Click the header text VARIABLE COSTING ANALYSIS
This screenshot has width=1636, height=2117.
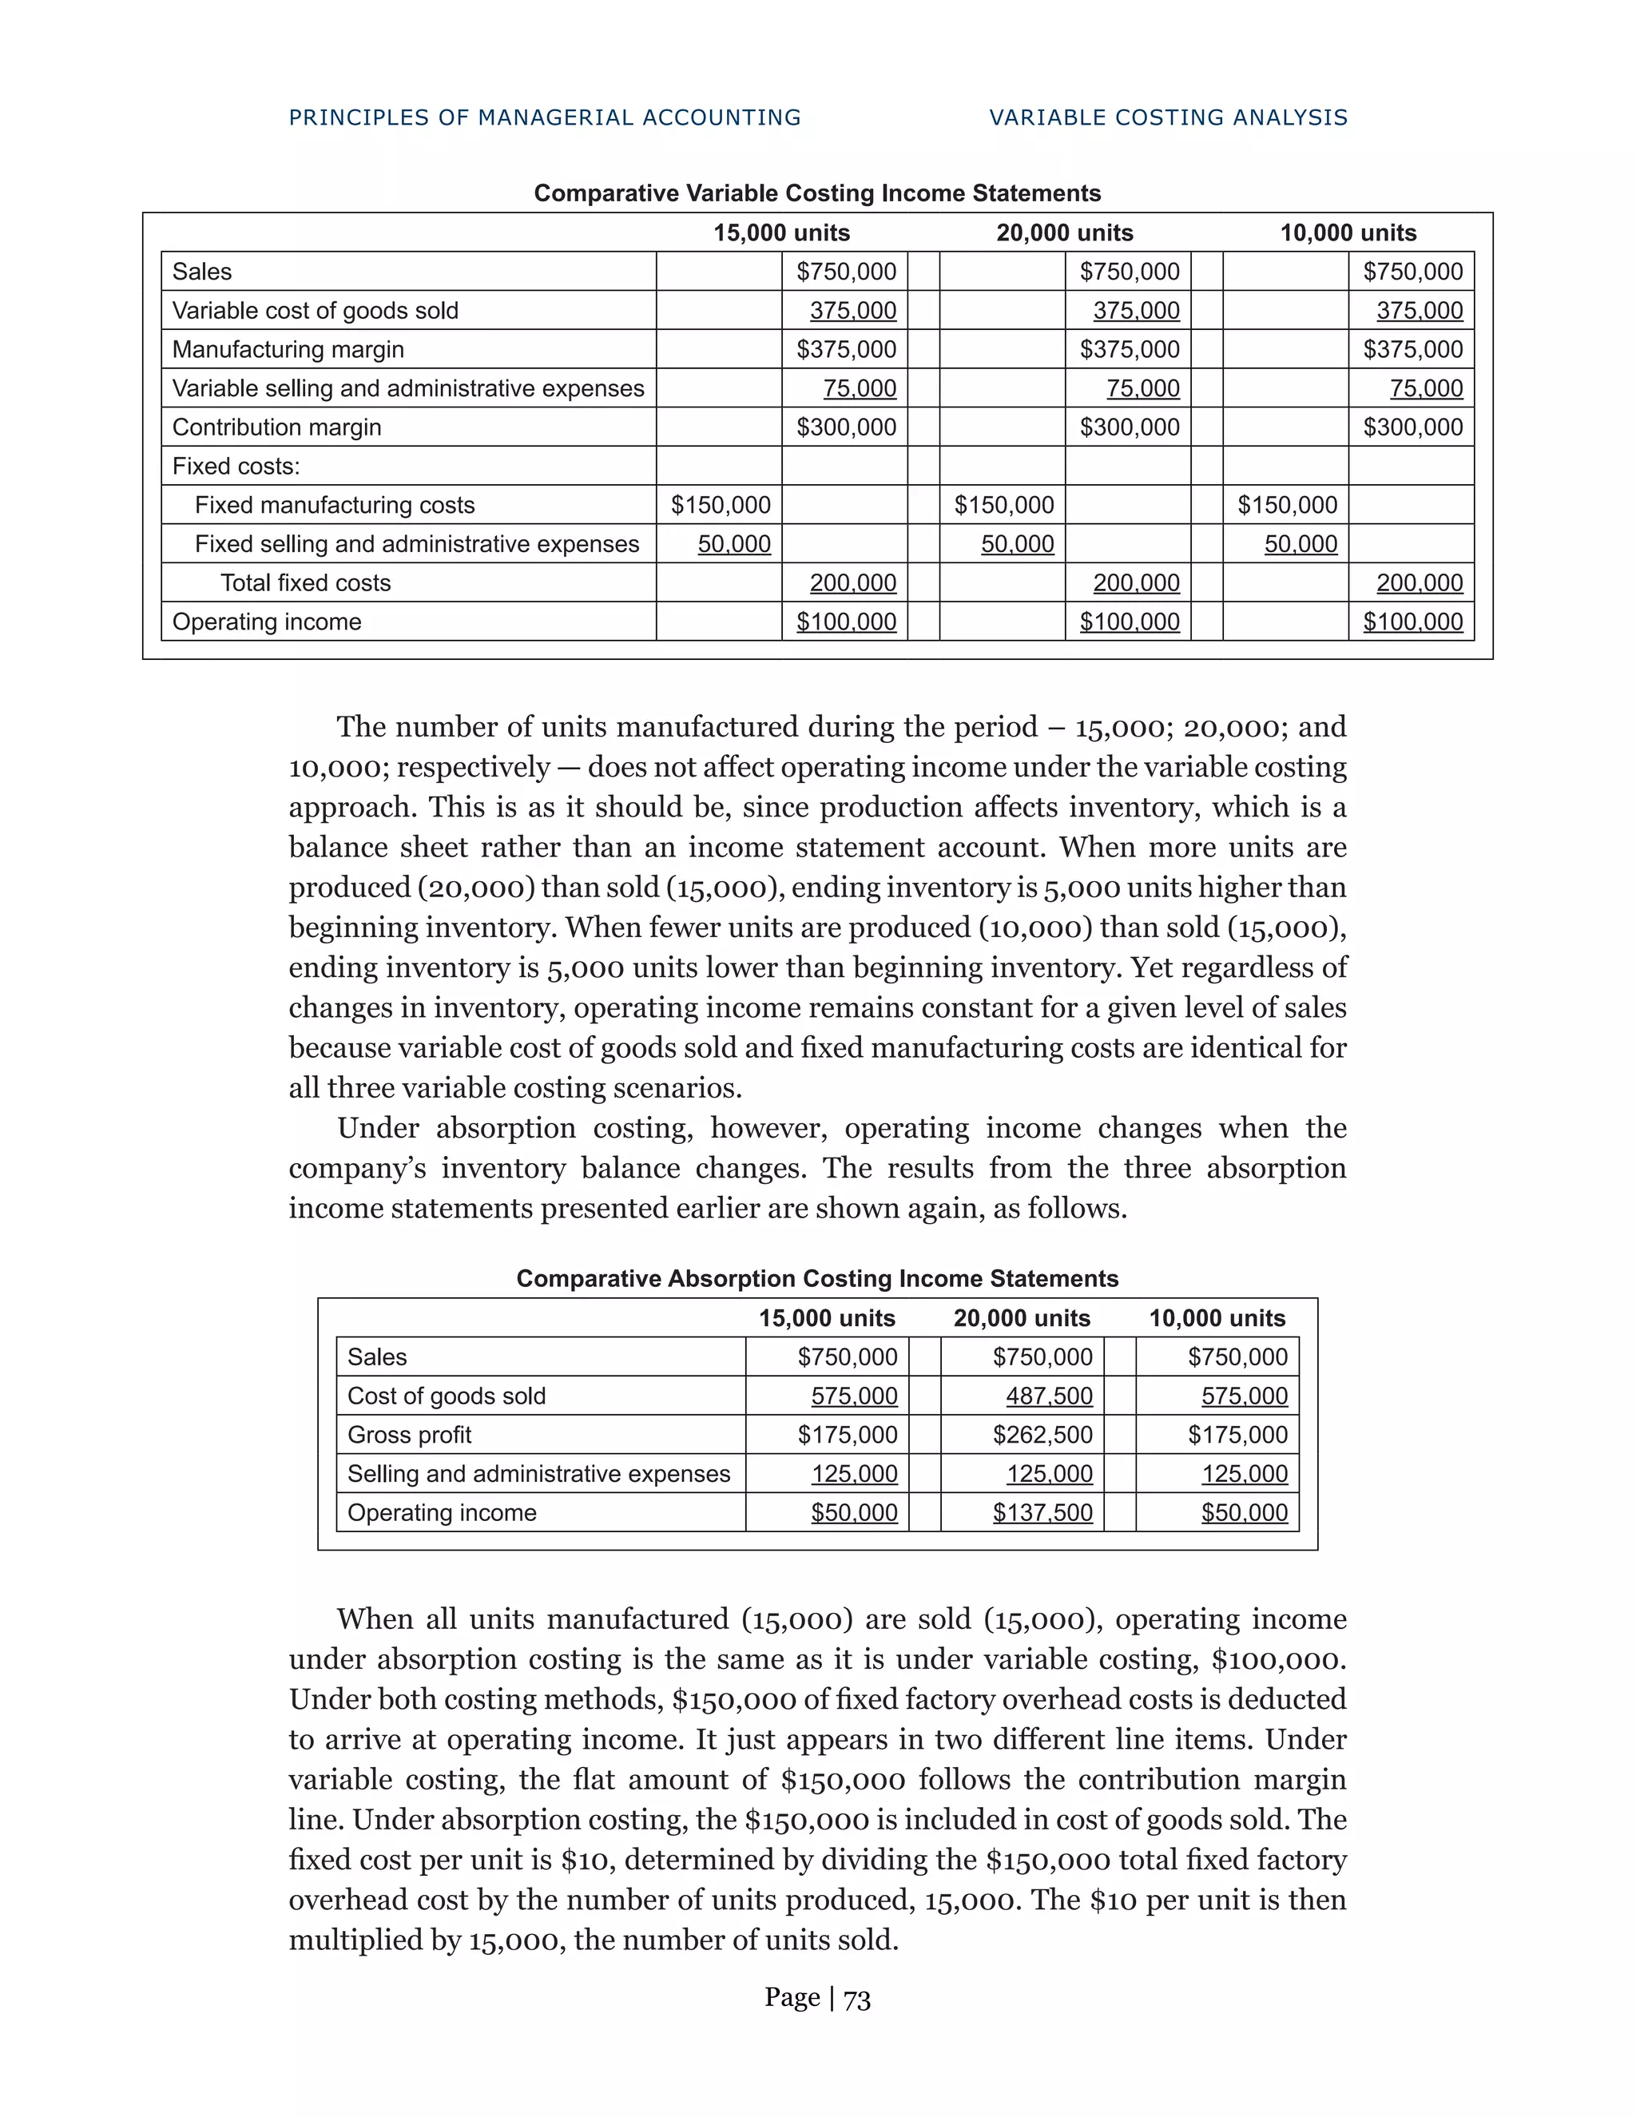coord(1168,117)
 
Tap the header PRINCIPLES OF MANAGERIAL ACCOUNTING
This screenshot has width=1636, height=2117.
coord(545,117)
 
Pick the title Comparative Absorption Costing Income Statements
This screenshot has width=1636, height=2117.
coord(817,1278)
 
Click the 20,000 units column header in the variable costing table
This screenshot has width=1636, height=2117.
coord(1064,232)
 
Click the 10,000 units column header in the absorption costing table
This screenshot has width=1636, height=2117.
coord(1217,1318)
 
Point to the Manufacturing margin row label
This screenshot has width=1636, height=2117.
coord(288,349)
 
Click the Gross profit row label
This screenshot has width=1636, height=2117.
coord(409,1435)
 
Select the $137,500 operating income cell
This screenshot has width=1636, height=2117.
coord(1042,1512)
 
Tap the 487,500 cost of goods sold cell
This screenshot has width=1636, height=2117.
coord(1049,1396)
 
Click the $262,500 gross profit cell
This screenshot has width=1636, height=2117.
coord(1042,1435)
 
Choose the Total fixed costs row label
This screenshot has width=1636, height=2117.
coord(305,582)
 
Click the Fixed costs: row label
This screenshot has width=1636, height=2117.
coord(236,467)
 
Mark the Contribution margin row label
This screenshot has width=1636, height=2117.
coord(276,427)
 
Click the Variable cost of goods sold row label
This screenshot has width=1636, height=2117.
coord(315,310)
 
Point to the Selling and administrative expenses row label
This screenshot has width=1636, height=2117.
coord(538,1473)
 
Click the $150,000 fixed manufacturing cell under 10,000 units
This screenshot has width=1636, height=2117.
coord(1286,505)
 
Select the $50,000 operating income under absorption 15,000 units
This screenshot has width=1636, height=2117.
coord(854,1512)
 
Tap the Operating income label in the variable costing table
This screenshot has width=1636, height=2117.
coord(267,622)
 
